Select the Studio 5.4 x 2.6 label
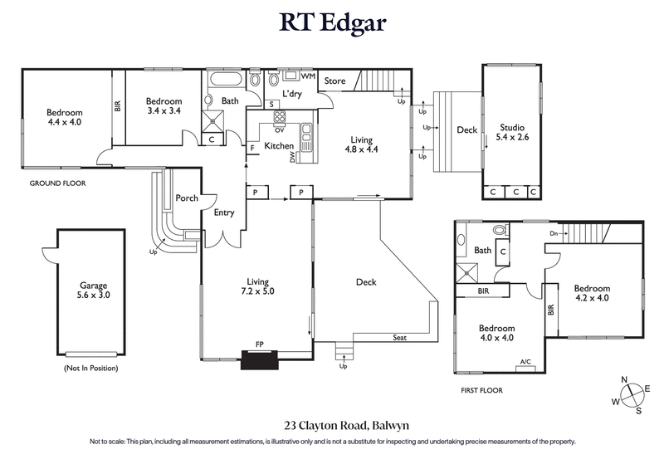point(511,132)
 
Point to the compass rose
point(631,395)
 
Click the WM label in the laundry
point(308,76)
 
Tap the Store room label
point(334,81)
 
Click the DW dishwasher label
point(292,155)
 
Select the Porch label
point(187,198)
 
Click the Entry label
point(224,213)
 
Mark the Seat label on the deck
point(401,337)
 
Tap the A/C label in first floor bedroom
point(525,361)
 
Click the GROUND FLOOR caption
point(57,183)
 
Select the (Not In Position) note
point(90,368)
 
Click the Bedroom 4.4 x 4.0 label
point(65,117)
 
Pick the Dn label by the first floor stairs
point(553,234)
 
